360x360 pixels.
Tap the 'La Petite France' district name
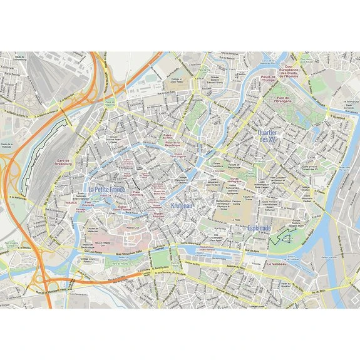[107, 189]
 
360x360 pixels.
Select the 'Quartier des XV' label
[271, 135]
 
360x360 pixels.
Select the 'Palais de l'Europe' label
[268, 80]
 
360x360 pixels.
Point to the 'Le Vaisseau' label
[277, 264]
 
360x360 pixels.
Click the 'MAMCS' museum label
[71, 203]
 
